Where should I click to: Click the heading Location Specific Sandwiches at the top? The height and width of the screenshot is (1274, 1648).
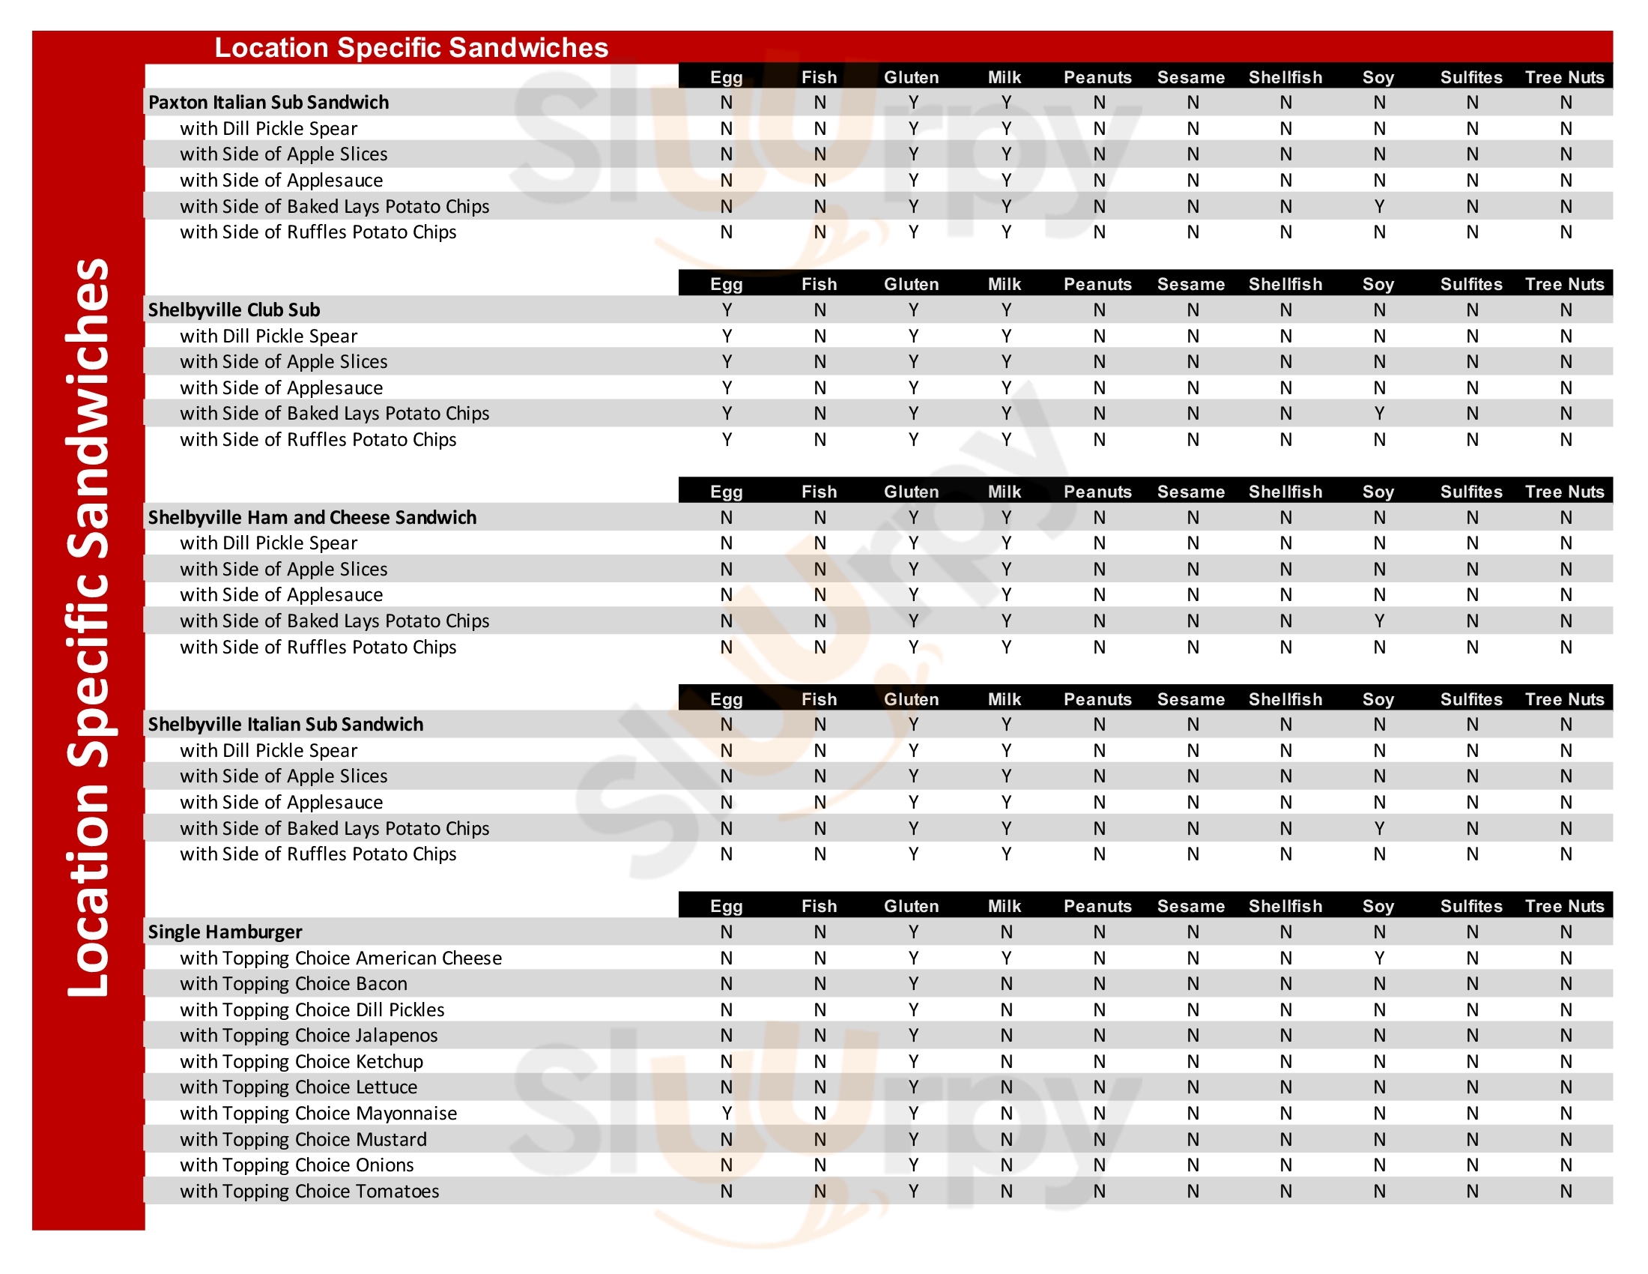pyautogui.click(x=411, y=47)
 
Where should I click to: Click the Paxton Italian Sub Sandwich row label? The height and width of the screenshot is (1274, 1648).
pyautogui.click(x=269, y=103)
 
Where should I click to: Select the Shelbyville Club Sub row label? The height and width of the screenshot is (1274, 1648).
pyautogui.click(x=234, y=310)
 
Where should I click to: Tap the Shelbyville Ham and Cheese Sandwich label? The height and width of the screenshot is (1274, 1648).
pyautogui.click(x=312, y=518)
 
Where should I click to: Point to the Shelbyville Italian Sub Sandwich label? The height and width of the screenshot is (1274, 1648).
pyautogui.click(x=285, y=725)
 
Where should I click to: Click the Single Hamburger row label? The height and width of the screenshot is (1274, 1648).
pyautogui.click(x=225, y=932)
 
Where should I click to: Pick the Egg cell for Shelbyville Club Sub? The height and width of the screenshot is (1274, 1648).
pyautogui.click(x=727, y=310)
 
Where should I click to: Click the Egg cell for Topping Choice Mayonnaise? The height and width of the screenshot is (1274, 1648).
pyautogui.click(x=727, y=1113)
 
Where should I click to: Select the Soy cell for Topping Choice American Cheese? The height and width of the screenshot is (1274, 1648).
pyautogui.click(x=1379, y=958)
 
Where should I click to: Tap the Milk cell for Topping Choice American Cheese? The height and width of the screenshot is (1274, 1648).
pyautogui.click(x=1006, y=958)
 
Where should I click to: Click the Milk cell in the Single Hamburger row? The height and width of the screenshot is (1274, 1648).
pyautogui.click(x=1006, y=932)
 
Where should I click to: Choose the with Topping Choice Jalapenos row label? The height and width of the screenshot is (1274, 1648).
pyautogui.click(x=309, y=1036)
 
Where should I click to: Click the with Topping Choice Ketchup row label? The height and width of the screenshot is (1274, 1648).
pyautogui.click(x=301, y=1062)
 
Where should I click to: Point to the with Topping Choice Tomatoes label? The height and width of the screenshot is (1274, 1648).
pyautogui.click(x=309, y=1192)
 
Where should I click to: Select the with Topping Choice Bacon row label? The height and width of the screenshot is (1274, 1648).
pyautogui.click(x=294, y=984)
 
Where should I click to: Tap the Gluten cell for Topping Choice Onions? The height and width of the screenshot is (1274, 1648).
pyautogui.click(x=913, y=1165)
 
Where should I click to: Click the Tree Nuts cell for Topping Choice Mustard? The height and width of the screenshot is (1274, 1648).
pyautogui.click(x=1566, y=1140)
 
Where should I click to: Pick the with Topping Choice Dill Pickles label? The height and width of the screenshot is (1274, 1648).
pyautogui.click(x=312, y=1010)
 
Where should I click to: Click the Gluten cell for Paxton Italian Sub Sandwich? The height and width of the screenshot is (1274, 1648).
pyautogui.click(x=913, y=103)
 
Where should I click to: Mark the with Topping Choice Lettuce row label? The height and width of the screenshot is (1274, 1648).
pyautogui.click(x=298, y=1087)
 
